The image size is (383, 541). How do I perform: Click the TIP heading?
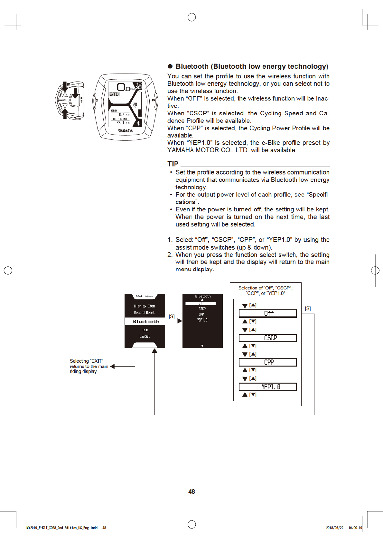tap(173, 164)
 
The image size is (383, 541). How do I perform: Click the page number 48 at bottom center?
tap(191, 492)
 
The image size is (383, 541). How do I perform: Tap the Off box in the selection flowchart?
tap(267, 313)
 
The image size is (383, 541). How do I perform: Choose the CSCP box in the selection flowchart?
tap(267, 338)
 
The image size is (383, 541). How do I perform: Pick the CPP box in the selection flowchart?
tap(267, 362)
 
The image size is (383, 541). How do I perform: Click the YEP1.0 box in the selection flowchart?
tap(267, 387)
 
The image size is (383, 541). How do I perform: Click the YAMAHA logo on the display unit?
tap(125, 131)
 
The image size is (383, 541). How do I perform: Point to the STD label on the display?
tap(114, 94)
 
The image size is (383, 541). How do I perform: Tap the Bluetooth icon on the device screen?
tap(139, 123)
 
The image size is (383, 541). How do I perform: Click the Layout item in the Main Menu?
tap(145, 336)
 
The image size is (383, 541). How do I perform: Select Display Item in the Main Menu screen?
tap(145, 306)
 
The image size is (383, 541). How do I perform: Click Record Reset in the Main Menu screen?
tap(145, 313)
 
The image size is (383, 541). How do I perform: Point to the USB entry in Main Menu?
tap(145, 330)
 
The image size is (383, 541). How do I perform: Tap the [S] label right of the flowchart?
tap(308, 308)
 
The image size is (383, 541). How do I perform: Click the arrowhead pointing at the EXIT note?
tap(112, 366)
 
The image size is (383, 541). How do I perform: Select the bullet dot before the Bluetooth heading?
tap(170, 67)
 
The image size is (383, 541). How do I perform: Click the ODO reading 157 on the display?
tap(121, 114)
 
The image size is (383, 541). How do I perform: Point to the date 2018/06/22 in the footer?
tap(335, 528)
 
